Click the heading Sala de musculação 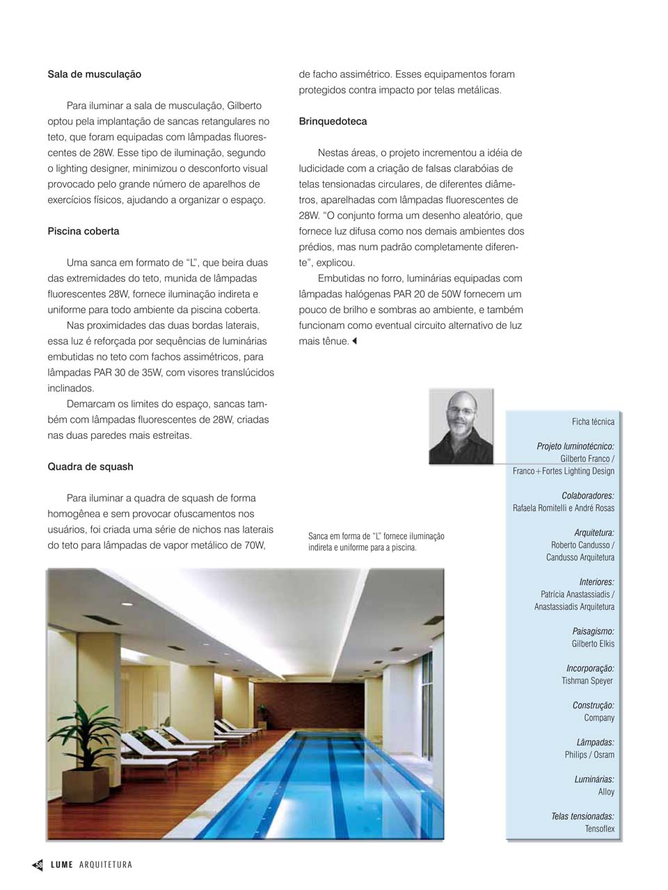[x=94, y=74]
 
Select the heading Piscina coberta [x=83, y=232]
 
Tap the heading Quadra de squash [x=90, y=467]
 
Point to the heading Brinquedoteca [x=333, y=122]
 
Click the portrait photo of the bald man [x=461, y=426]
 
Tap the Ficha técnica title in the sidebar [x=593, y=421]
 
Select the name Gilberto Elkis [x=593, y=644]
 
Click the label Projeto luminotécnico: [x=575, y=446]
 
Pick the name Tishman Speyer [x=587, y=681]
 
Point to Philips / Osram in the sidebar [x=589, y=755]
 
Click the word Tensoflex [x=599, y=829]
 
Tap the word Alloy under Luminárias [x=606, y=792]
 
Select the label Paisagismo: [x=593, y=631]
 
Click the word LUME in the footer [x=62, y=865]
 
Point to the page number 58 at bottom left [x=39, y=865]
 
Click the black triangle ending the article [x=354, y=341]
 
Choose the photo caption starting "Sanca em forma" [x=376, y=542]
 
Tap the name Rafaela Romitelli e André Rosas [x=563, y=508]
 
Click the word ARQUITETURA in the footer [x=106, y=865]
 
